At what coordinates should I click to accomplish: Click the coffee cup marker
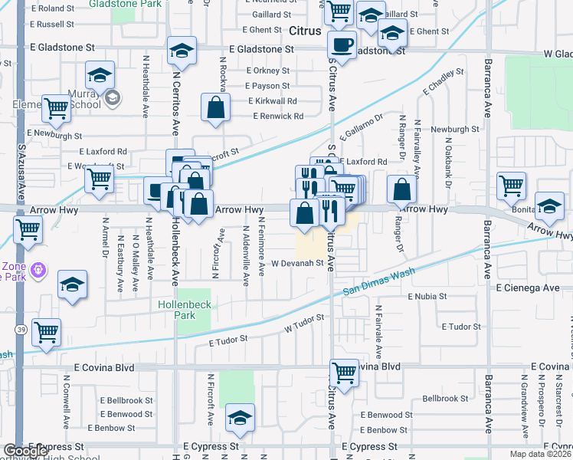tap(342, 44)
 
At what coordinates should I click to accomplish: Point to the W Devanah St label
tap(294, 263)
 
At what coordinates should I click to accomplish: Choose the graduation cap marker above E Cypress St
tap(240, 418)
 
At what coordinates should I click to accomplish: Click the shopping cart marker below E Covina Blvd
tap(345, 373)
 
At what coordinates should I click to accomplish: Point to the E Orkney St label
tap(268, 71)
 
